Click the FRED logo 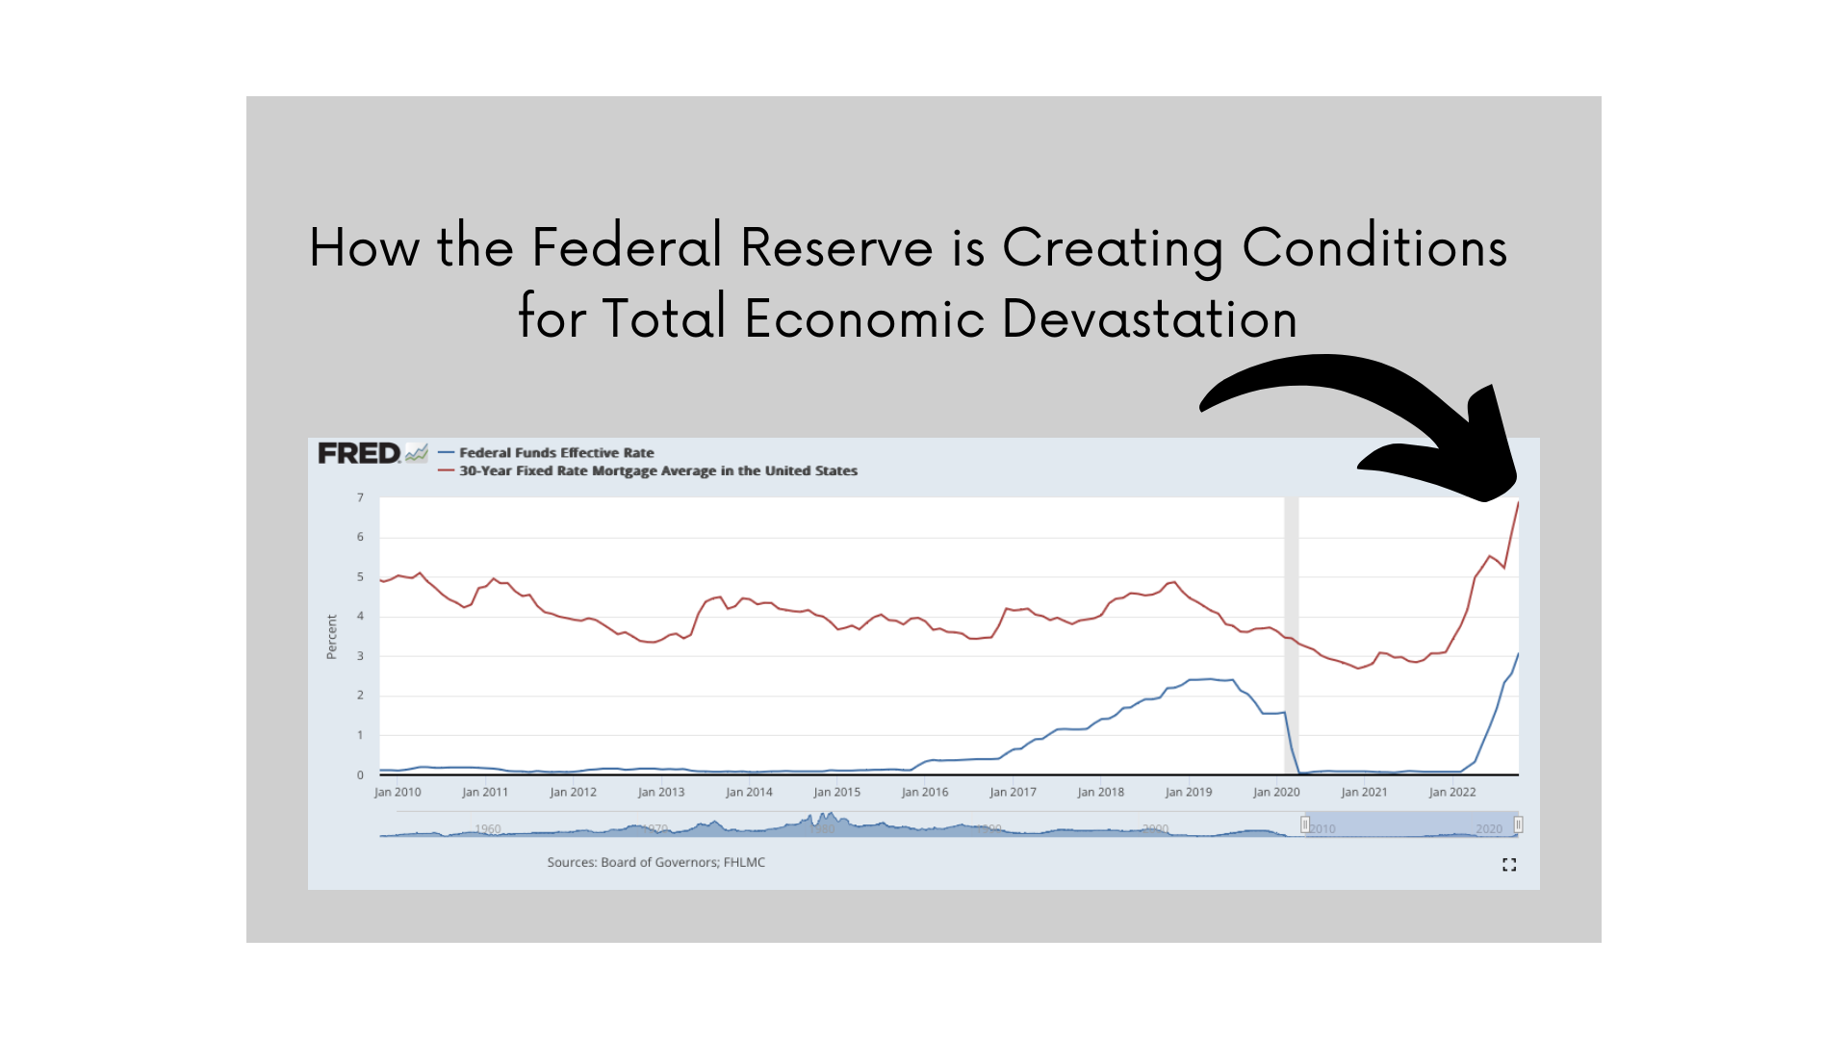click(x=359, y=453)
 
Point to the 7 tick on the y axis click(x=361, y=498)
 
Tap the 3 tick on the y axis click(x=361, y=656)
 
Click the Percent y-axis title click(x=332, y=637)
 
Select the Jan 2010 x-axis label click(x=398, y=793)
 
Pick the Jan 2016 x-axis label click(x=925, y=793)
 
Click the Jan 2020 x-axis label click(x=1276, y=793)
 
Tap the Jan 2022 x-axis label click(x=1452, y=793)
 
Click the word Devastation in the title click(x=1149, y=319)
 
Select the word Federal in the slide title click(x=627, y=247)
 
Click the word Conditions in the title click(x=1374, y=247)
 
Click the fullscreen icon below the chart click(x=1509, y=865)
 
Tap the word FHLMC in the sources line click(x=744, y=863)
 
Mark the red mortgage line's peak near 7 click(x=1518, y=503)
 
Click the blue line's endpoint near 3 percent click(x=1518, y=655)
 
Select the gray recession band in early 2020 click(x=1291, y=635)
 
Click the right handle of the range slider click(x=1518, y=824)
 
